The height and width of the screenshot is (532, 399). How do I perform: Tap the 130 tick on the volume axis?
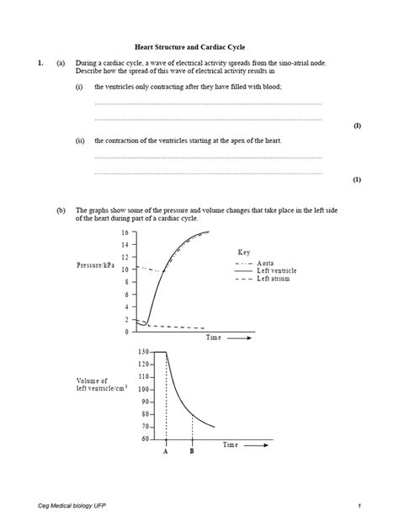click(120, 351)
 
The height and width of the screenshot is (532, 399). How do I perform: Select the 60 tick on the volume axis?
click(121, 439)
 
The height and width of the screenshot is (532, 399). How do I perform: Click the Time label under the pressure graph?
click(215, 337)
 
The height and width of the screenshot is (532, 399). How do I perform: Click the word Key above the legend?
click(244, 252)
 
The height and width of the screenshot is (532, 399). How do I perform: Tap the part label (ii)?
click(79, 141)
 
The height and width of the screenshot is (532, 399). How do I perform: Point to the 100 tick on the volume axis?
click(120, 389)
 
